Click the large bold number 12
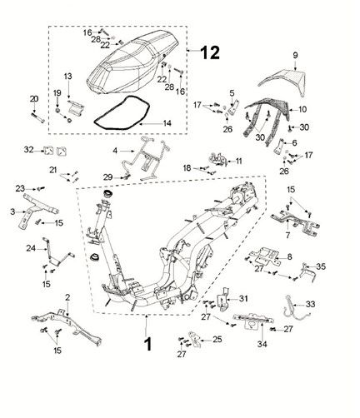210,52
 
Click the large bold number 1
148,344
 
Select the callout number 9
295,55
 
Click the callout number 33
310,304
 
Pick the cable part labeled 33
287,311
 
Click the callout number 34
262,344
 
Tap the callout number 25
217,339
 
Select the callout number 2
67,297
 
